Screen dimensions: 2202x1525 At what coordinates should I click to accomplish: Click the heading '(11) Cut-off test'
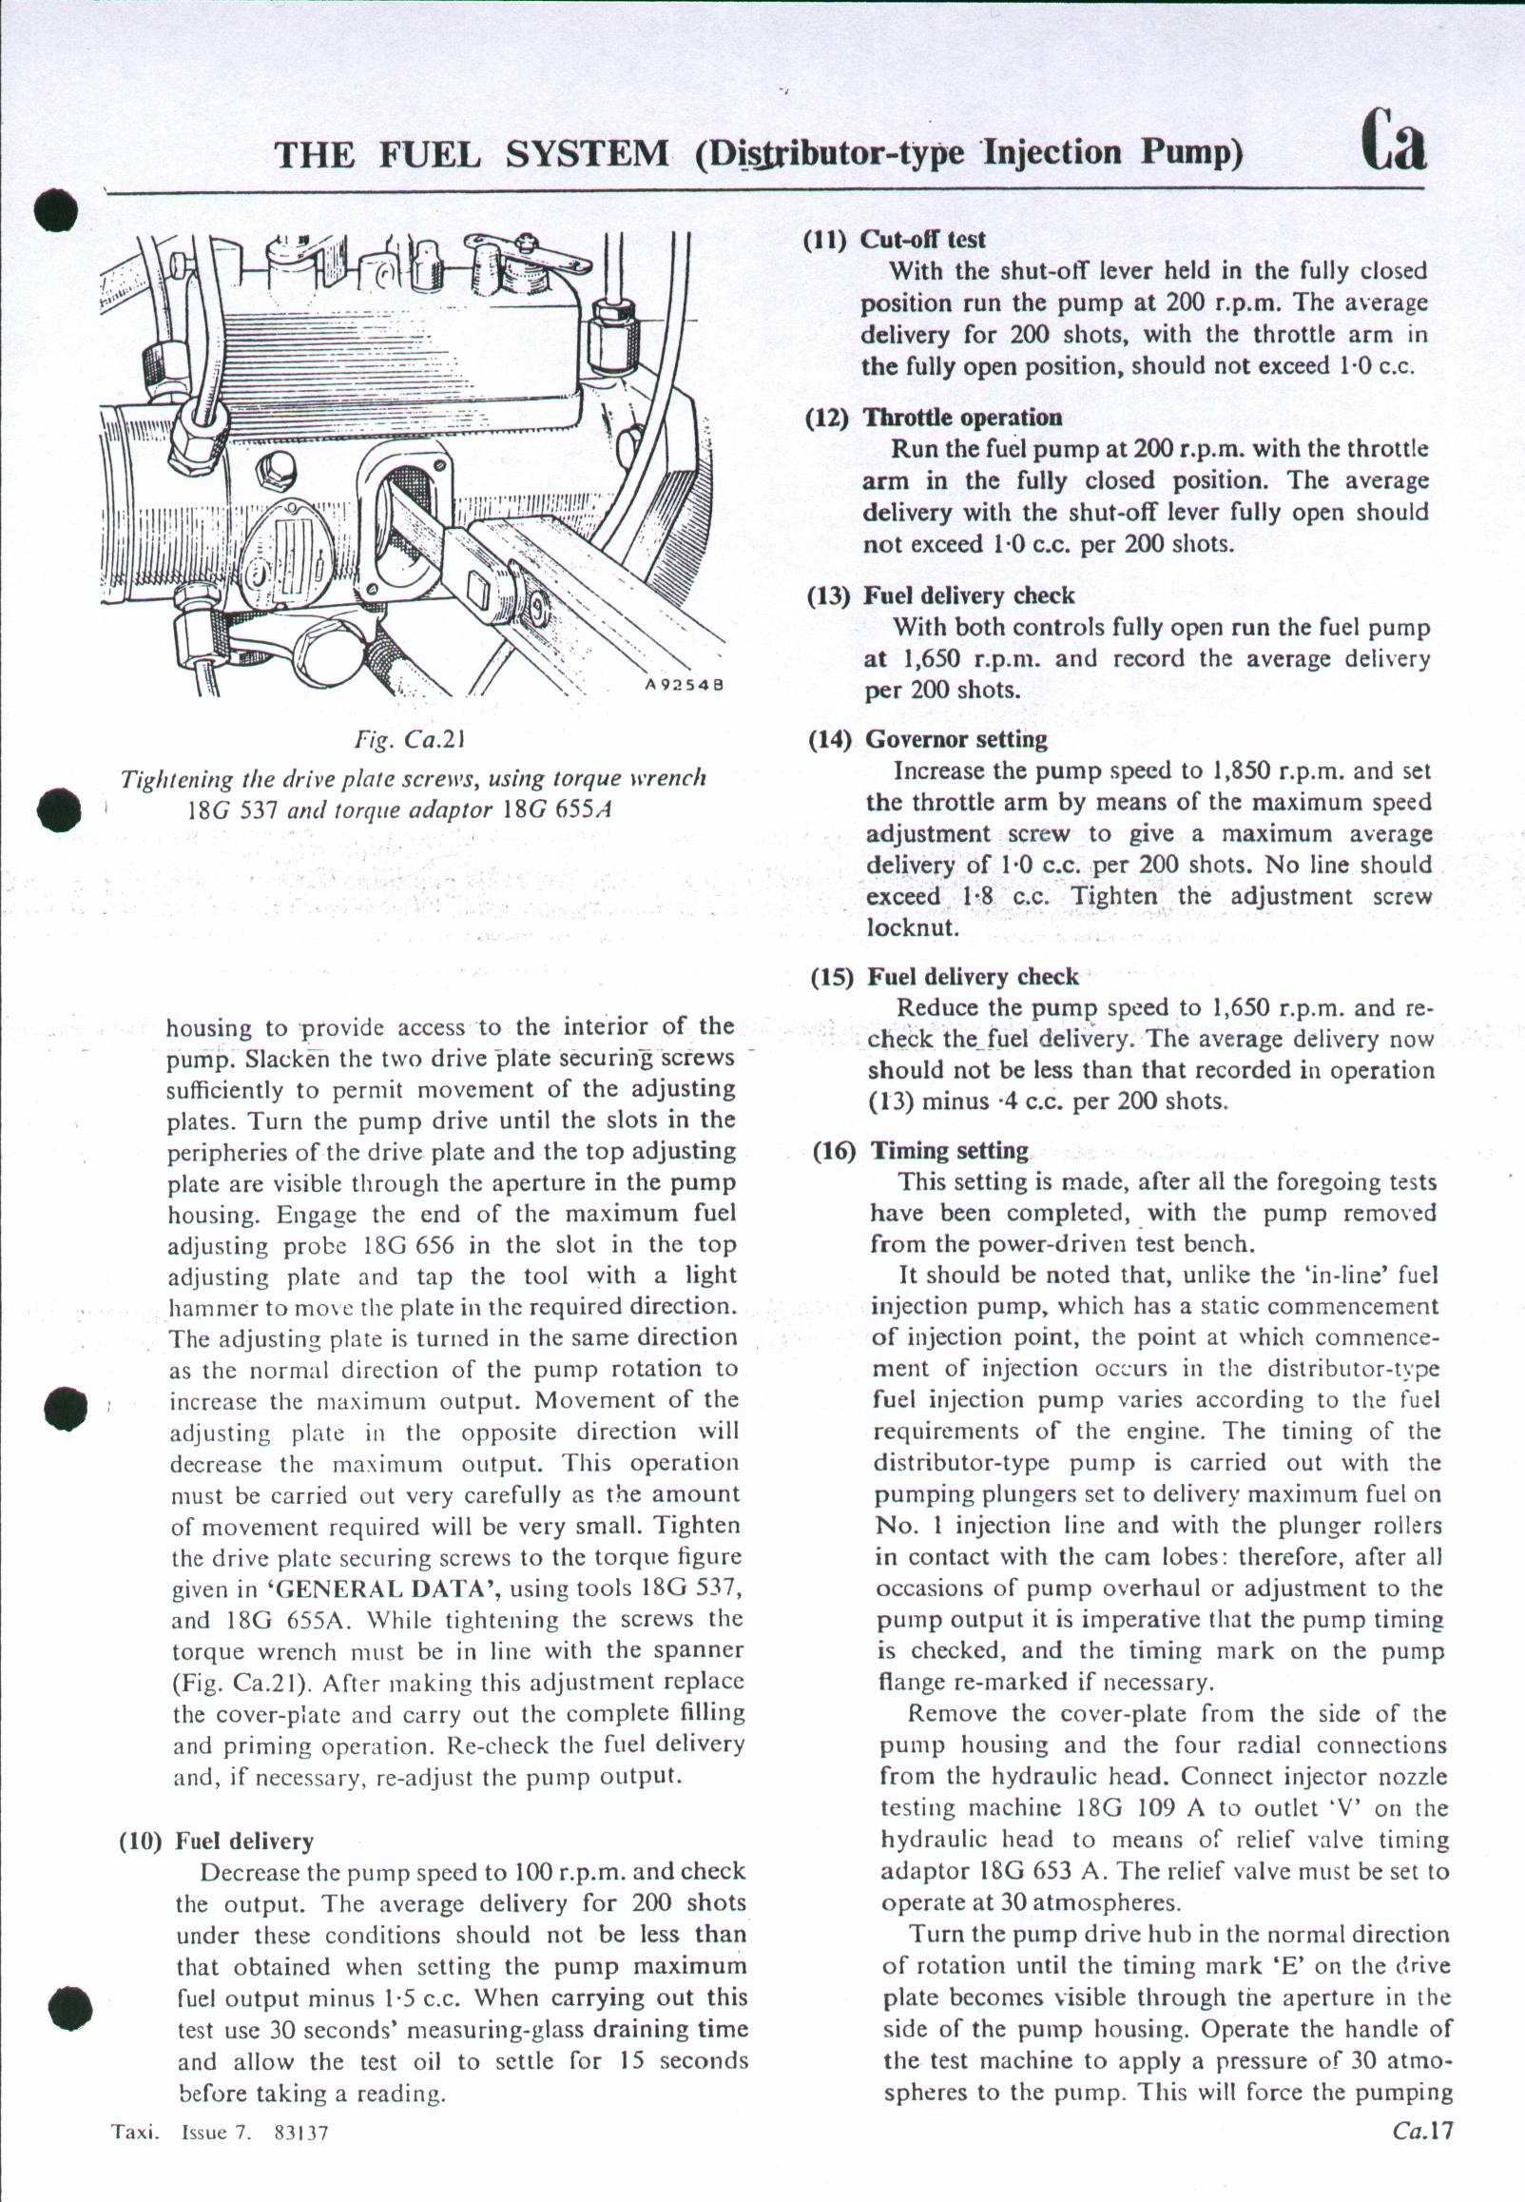coord(895,239)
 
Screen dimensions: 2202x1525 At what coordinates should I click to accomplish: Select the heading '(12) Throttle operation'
coord(934,418)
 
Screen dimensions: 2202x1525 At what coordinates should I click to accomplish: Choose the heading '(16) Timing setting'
coord(920,1151)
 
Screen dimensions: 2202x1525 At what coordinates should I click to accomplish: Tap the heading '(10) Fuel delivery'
coord(216,1841)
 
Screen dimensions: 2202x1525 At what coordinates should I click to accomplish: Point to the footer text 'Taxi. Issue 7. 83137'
coord(221,2133)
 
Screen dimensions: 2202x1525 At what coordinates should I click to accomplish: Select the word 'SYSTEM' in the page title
coord(587,154)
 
